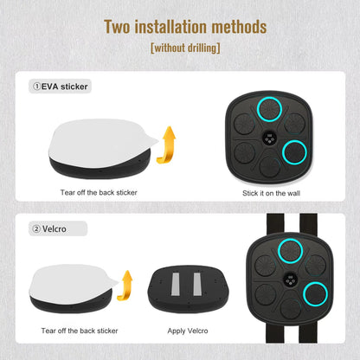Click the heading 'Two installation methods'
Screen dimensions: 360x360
185,27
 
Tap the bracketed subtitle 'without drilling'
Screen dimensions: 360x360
185,48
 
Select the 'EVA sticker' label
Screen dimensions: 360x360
64,87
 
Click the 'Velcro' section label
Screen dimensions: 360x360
55,229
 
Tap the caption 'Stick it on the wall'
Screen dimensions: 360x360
271,193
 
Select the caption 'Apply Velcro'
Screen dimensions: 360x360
188,331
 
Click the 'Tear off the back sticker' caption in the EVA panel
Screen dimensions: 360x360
99,192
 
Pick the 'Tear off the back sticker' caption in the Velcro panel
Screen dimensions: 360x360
80,331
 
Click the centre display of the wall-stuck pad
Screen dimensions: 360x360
269,138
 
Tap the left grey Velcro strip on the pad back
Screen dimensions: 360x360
176,284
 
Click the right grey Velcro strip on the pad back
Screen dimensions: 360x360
197,284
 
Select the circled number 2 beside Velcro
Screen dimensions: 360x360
36,229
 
